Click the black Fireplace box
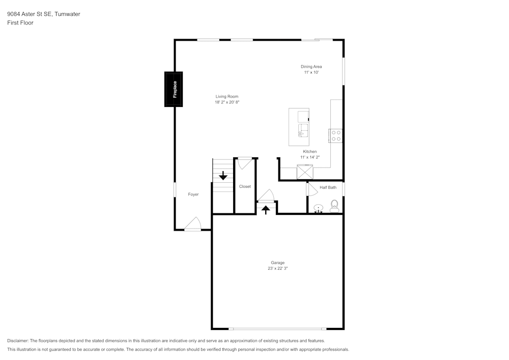(173, 89)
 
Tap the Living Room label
(227, 96)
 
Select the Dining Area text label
(311, 67)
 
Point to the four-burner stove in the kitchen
(336, 135)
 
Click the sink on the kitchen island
(303, 130)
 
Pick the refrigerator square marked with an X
(305, 173)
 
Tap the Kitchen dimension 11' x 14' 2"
(310, 158)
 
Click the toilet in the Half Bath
(334, 206)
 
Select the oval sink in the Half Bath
(319, 208)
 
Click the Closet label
(245, 186)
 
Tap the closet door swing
(244, 163)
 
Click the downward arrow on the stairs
(223, 176)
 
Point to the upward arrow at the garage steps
(266, 209)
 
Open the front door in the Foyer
(193, 225)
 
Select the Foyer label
(193, 195)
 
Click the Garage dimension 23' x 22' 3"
(277, 268)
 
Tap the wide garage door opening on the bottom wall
(277, 328)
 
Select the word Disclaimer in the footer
(18, 341)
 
